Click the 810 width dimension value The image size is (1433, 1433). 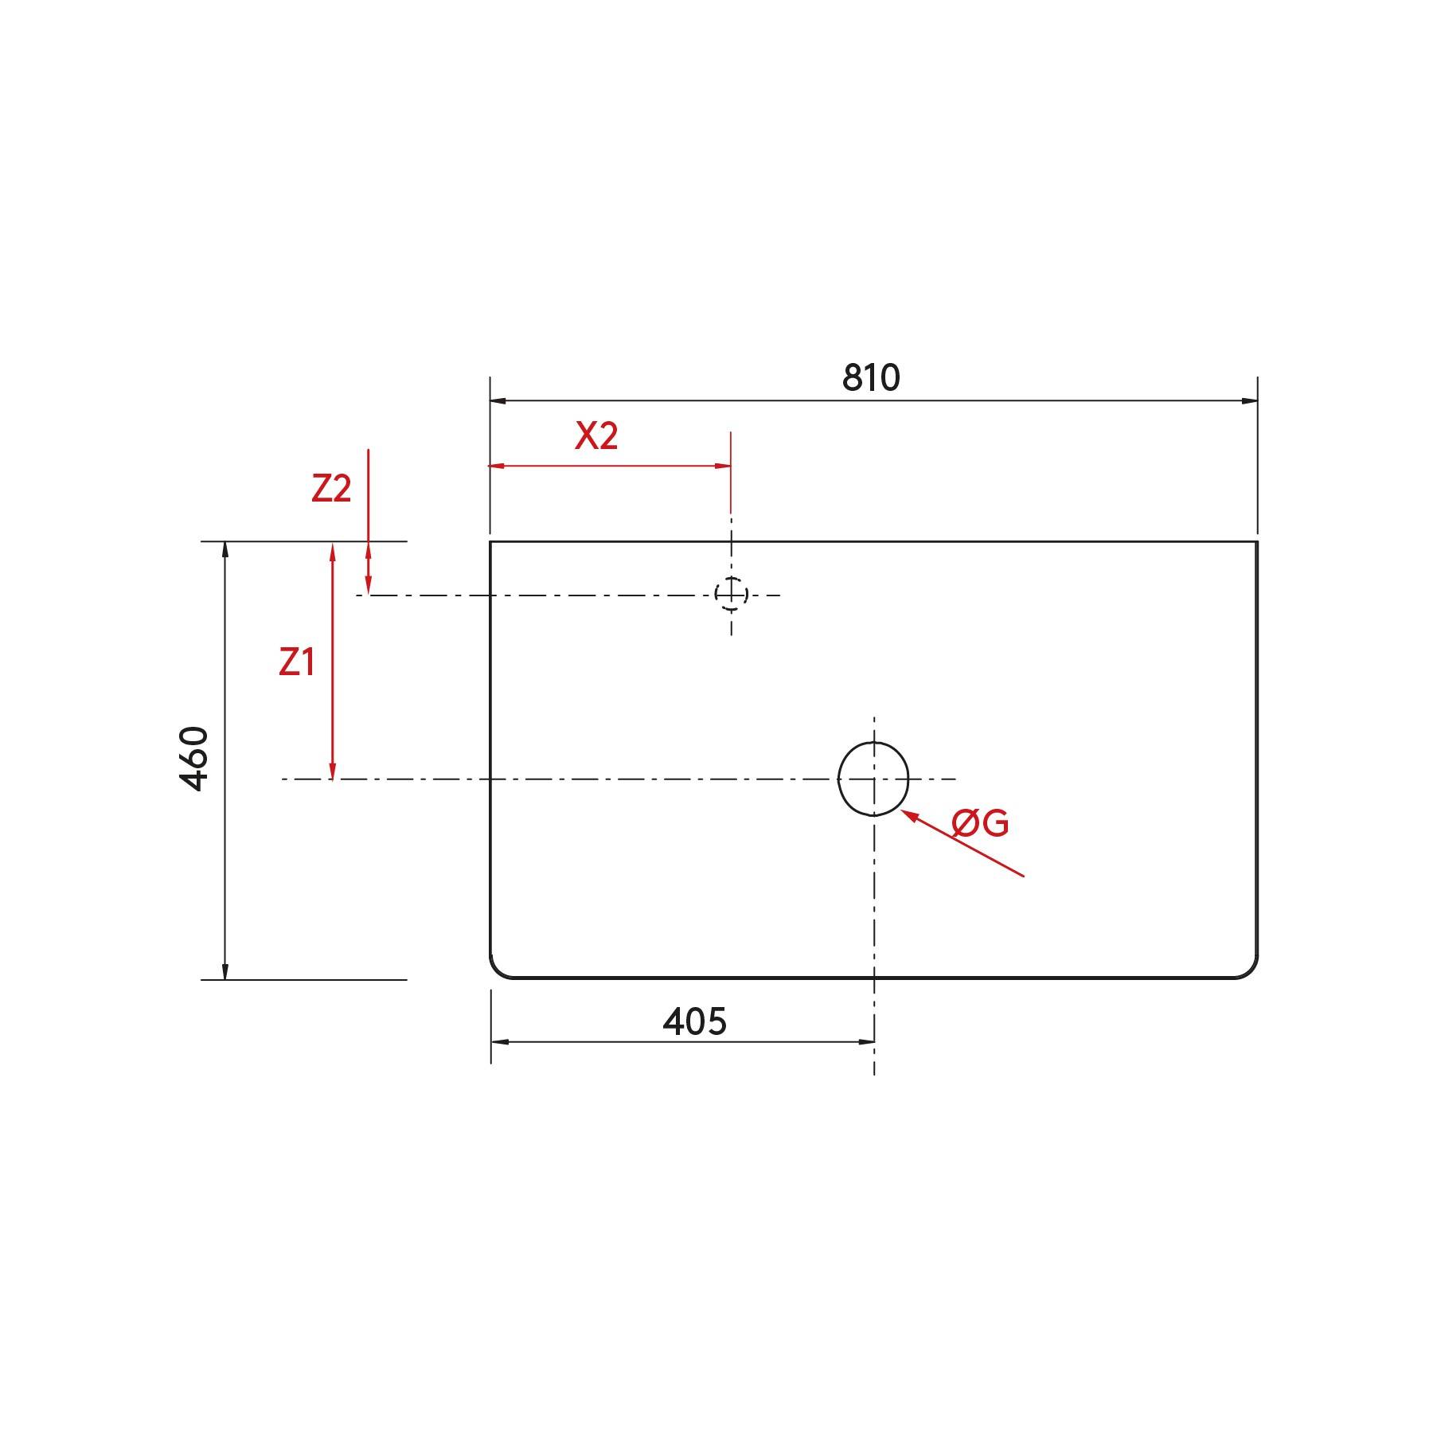pyautogui.click(x=871, y=377)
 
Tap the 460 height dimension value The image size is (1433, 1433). pyautogui.click(x=195, y=758)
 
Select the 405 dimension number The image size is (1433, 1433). pyautogui.click(x=694, y=1021)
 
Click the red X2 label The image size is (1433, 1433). pyautogui.click(x=596, y=436)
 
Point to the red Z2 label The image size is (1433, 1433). pyautogui.click(x=331, y=488)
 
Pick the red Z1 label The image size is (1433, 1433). pyautogui.click(x=297, y=662)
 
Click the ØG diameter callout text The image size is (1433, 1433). pyautogui.click(x=980, y=823)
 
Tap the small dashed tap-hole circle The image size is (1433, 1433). pyautogui.click(x=731, y=594)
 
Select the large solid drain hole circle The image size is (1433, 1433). pyautogui.click(x=873, y=779)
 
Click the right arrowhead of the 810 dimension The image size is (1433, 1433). pyautogui.click(x=1249, y=400)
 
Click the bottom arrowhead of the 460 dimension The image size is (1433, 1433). pyautogui.click(x=225, y=970)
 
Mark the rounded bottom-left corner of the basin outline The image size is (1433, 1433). pyautogui.click(x=497, y=970)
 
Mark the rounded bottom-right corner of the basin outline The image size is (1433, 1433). pyautogui.click(x=1251, y=970)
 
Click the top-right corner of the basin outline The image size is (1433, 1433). pyautogui.click(x=1257, y=542)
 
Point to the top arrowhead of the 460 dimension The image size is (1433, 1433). pyautogui.click(x=225, y=550)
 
